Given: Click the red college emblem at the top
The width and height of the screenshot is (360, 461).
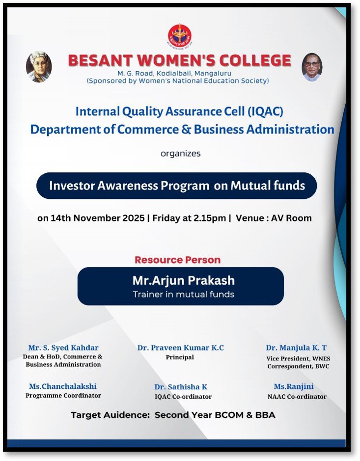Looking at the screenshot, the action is (180, 36).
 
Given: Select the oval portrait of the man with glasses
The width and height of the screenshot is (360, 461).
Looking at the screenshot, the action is (312, 67).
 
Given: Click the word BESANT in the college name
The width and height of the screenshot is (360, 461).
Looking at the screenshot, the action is (100, 60).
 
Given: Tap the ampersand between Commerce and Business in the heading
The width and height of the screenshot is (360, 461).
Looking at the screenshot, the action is (186, 129).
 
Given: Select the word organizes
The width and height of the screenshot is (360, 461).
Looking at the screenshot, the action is (181, 154).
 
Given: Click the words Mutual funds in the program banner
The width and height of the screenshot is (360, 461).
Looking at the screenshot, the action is (268, 186).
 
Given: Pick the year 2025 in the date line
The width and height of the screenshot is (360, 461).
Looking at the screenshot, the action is (134, 218).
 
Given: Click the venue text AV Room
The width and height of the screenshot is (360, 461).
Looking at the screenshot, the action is (291, 218).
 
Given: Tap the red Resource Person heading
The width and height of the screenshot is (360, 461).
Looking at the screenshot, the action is (178, 260).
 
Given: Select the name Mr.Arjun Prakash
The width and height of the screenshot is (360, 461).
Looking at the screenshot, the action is (184, 280).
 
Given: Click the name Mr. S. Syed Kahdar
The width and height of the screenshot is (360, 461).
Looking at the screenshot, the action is (63, 348).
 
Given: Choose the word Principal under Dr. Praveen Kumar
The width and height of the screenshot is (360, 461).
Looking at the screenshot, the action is (180, 357).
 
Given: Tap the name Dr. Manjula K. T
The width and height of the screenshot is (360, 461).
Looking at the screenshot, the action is (296, 348).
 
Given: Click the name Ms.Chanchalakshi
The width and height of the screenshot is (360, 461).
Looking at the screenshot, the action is (63, 386).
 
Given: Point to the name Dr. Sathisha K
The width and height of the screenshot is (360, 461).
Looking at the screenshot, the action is (181, 387).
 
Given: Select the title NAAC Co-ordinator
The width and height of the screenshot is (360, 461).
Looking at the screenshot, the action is (297, 397).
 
